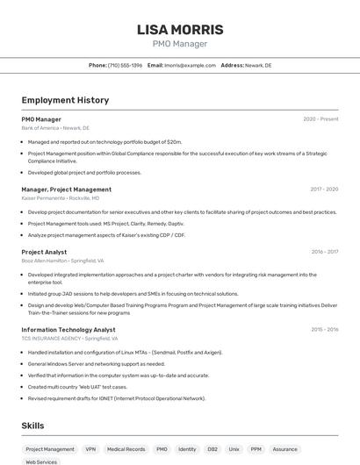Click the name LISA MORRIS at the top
coord(180,30)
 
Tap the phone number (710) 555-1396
coord(125,65)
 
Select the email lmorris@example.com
coord(190,65)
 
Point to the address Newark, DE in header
coord(258,65)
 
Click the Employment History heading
coord(65,100)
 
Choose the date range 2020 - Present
coord(320,118)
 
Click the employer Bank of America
coord(40,128)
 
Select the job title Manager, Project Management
coord(66,189)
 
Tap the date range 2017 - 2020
coord(324,189)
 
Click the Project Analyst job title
coord(44,252)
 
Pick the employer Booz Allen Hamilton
coord(45,261)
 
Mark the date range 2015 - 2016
coord(324,329)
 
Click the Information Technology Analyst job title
coord(68,330)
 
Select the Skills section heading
coord(32,426)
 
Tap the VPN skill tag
coord(90,448)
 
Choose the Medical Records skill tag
coord(126,448)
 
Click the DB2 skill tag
coord(212,448)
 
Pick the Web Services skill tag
coord(41,461)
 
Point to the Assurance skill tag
coord(284,448)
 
